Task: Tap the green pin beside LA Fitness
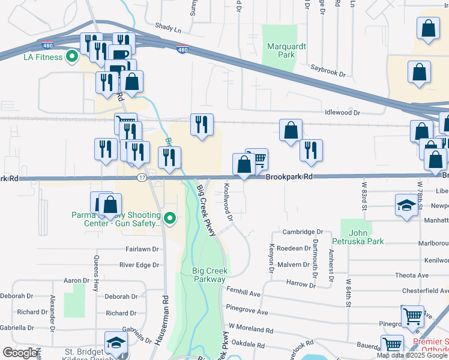73,57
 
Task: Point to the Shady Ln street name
167,28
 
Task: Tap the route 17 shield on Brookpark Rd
142,178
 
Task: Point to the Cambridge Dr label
303,232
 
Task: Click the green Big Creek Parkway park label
209,275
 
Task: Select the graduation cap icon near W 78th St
406,205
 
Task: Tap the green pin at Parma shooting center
170,219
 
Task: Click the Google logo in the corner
20,353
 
